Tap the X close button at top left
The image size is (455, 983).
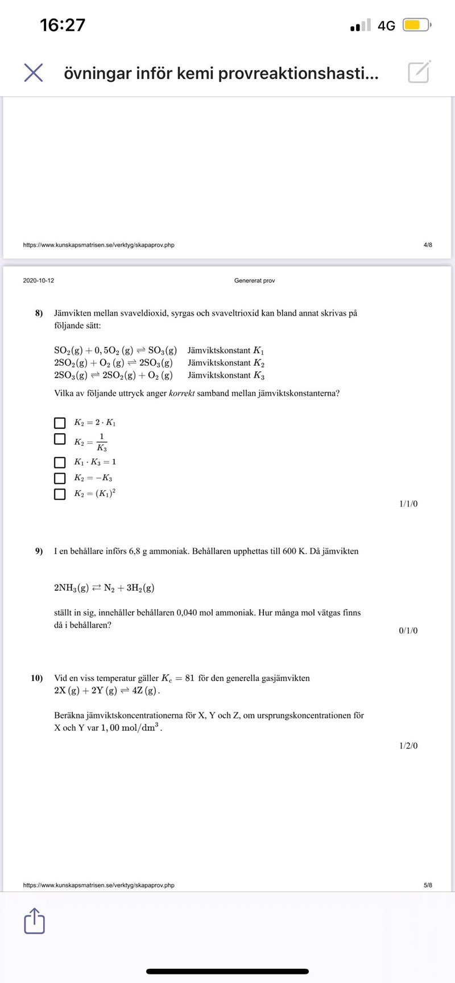click(x=34, y=73)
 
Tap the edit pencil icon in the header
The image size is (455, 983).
click(x=419, y=72)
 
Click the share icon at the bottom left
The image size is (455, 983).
click(x=34, y=921)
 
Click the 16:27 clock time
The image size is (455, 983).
click(x=63, y=25)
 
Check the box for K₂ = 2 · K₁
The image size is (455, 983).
click(x=60, y=423)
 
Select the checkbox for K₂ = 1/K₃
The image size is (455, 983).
click(x=60, y=439)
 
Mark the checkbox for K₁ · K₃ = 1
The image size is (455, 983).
click(x=60, y=462)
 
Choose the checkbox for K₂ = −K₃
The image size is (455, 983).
click(x=60, y=478)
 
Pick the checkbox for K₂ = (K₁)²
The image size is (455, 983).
click(x=60, y=494)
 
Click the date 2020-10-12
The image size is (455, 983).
click(x=39, y=281)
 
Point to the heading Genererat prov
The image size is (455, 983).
click(x=254, y=281)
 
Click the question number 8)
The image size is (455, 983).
click(x=39, y=313)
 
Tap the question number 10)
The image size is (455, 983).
click(x=37, y=678)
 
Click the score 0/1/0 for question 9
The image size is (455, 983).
click(x=408, y=630)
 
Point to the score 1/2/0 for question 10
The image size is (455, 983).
click(x=408, y=746)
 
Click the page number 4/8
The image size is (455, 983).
click(x=428, y=245)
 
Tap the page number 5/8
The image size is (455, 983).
click(x=428, y=885)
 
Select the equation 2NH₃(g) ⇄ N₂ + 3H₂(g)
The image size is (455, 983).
click(x=104, y=588)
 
